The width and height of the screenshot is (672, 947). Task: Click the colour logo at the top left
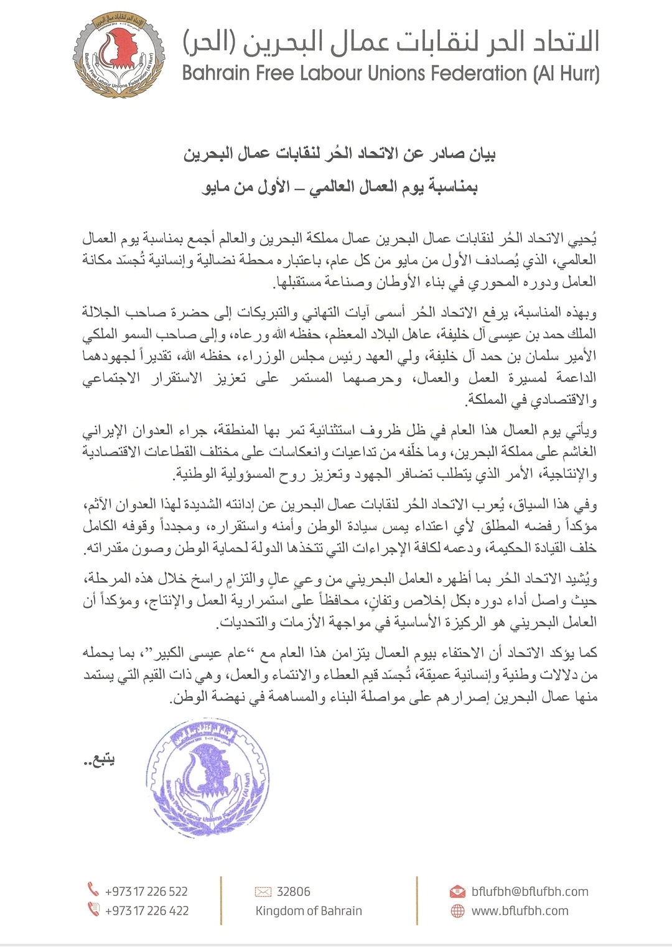(118, 57)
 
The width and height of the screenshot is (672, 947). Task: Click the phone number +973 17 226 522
(146, 891)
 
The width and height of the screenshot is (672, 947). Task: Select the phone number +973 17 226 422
(146, 910)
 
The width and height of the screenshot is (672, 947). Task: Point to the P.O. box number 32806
(293, 891)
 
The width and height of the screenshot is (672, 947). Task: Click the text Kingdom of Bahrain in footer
(309, 910)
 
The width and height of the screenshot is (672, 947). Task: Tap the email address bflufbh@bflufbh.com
(530, 891)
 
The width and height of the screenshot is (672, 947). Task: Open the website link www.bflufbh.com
(520, 910)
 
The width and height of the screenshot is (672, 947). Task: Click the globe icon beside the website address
(457, 910)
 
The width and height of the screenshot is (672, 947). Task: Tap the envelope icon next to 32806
(263, 892)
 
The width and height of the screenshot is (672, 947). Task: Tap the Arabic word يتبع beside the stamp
(99, 760)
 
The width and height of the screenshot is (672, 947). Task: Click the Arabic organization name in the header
(391, 40)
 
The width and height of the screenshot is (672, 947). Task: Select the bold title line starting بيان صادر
(339, 154)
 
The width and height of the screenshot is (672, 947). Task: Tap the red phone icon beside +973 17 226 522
(93, 890)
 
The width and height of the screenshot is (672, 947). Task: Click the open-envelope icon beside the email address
(457, 892)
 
